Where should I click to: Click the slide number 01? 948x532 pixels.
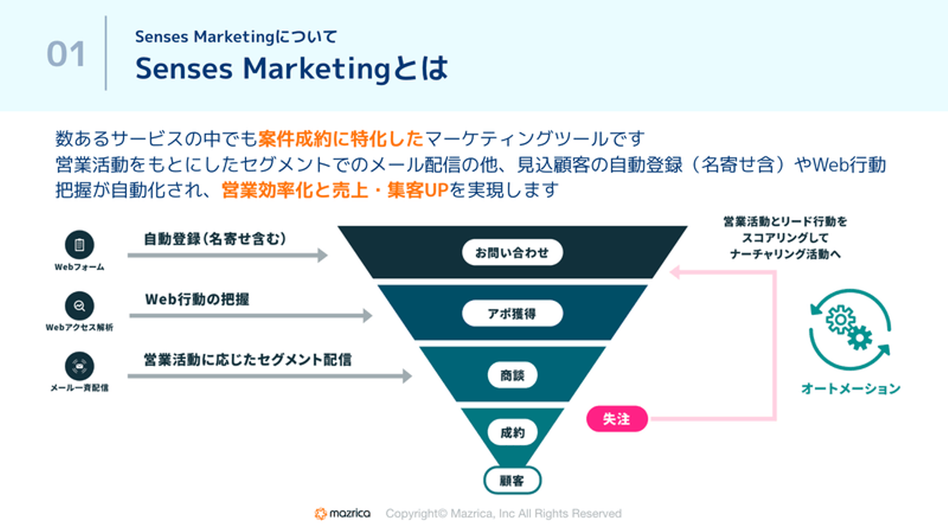pos(66,54)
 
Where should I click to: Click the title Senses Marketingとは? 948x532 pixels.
pos(292,69)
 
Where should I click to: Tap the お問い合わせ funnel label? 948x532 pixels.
pos(512,252)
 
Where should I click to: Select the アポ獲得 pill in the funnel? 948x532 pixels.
pos(512,313)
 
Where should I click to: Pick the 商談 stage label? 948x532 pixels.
pos(512,375)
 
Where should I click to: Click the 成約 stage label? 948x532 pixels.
pos(512,433)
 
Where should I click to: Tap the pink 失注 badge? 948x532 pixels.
pos(616,419)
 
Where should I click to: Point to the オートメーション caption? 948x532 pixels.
pos(850,388)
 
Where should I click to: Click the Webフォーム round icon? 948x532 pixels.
pos(79,245)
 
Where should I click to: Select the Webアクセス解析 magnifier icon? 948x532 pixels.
pos(79,306)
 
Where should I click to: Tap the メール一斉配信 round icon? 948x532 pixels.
pos(79,366)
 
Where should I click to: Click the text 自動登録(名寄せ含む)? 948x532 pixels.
pos(215,239)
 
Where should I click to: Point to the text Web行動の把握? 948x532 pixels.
pos(197,299)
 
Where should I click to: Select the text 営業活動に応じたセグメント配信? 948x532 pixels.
pos(248,359)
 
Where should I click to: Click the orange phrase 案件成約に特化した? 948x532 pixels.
pos(341,139)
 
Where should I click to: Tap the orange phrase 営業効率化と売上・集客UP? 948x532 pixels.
pos(334,190)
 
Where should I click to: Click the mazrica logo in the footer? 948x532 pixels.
pos(342,514)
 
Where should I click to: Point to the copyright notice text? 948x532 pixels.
pos(503,514)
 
